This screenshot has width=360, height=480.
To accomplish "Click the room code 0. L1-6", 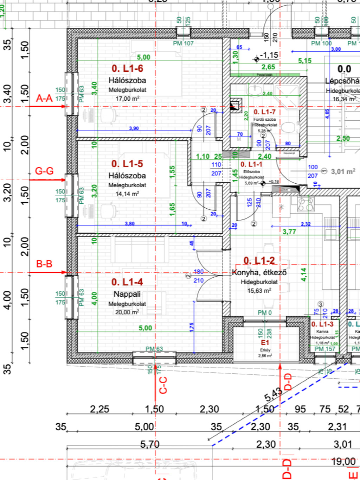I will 127,69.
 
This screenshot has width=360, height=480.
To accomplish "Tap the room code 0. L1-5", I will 127,164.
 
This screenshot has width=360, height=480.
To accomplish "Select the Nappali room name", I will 127,294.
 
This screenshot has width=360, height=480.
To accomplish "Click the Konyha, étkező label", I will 259,272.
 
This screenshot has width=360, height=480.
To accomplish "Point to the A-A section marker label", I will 44,99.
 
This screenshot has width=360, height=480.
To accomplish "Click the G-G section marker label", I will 44,171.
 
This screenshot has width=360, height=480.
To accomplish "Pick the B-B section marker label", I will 44,264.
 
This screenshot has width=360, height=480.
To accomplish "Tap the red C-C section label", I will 163,385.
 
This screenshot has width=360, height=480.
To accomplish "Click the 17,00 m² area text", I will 127,99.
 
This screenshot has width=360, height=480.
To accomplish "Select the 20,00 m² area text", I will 127,312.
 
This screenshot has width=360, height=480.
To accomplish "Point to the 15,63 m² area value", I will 259,291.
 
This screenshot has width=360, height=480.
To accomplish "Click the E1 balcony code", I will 265,343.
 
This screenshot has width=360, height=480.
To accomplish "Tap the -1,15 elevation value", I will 269,55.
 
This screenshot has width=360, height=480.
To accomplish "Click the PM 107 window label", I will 183,43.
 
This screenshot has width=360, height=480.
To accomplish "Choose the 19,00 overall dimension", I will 343,461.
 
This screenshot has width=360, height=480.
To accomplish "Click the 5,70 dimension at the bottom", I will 150,444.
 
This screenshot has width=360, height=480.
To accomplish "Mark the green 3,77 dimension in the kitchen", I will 289,232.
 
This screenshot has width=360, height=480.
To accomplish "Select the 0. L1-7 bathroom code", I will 264,112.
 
